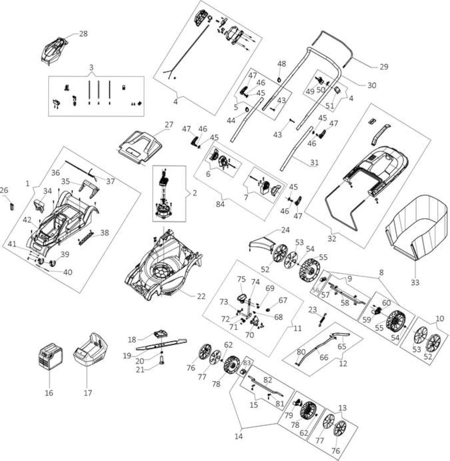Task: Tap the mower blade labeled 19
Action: (161, 344)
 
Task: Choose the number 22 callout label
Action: (201, 296)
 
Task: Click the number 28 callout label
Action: (83, 33)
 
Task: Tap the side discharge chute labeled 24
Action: (262, 243)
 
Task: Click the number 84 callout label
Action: (220, 204)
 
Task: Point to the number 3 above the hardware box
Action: (91, 68)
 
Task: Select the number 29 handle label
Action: (383, 67)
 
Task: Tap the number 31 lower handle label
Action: (314, 162)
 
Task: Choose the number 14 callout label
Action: (239, 436)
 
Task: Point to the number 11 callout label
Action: (298, 328)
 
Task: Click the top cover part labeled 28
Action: (55, 50)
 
